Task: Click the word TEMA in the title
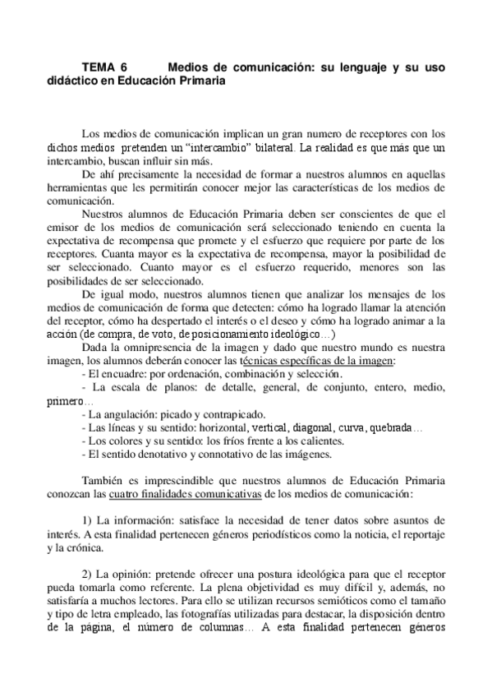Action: point(99,68)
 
